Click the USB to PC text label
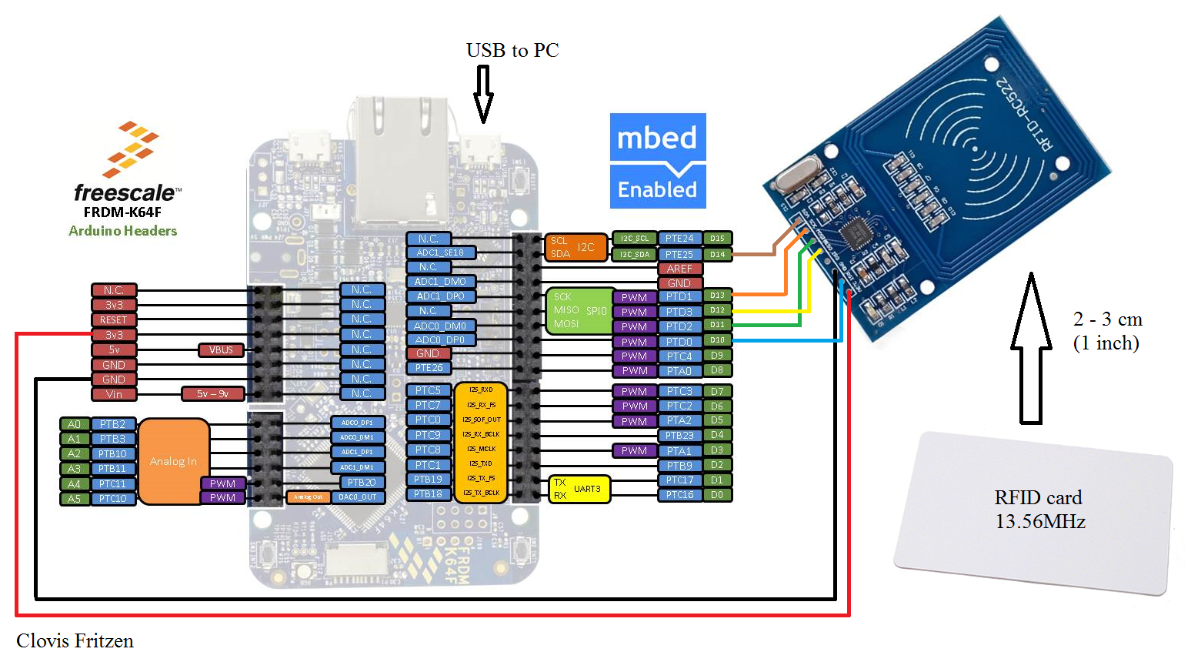(512, 51)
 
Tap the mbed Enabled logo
(658, 161)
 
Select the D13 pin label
(717, 296)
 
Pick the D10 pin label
(717, 340)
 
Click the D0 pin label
(717, 495)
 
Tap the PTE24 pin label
(679, 239)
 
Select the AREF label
(679, 269)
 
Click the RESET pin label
(114, 320)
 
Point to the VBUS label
(221, 350)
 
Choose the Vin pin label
(114, 394)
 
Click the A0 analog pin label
(74, 424)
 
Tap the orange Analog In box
(173, 461)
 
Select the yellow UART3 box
(580, 489)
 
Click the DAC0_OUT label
(359, 497)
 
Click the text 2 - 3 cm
(1107, 319)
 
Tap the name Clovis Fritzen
(75, 641)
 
